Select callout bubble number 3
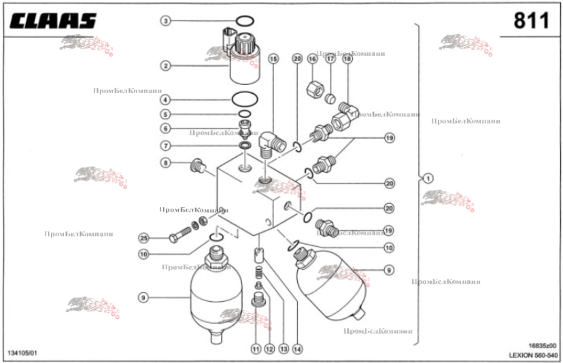point(165,21)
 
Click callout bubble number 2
point(165,66)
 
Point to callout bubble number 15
point(273,59)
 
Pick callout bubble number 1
point(428,179)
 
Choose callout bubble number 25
point(143,238)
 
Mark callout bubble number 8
point(165,162)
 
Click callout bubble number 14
point(297,348)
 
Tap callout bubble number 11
point(256,348)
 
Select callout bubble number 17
point(330,59)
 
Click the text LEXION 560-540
point(534,355)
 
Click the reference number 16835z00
point(543,345)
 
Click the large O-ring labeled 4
point(245,99)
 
